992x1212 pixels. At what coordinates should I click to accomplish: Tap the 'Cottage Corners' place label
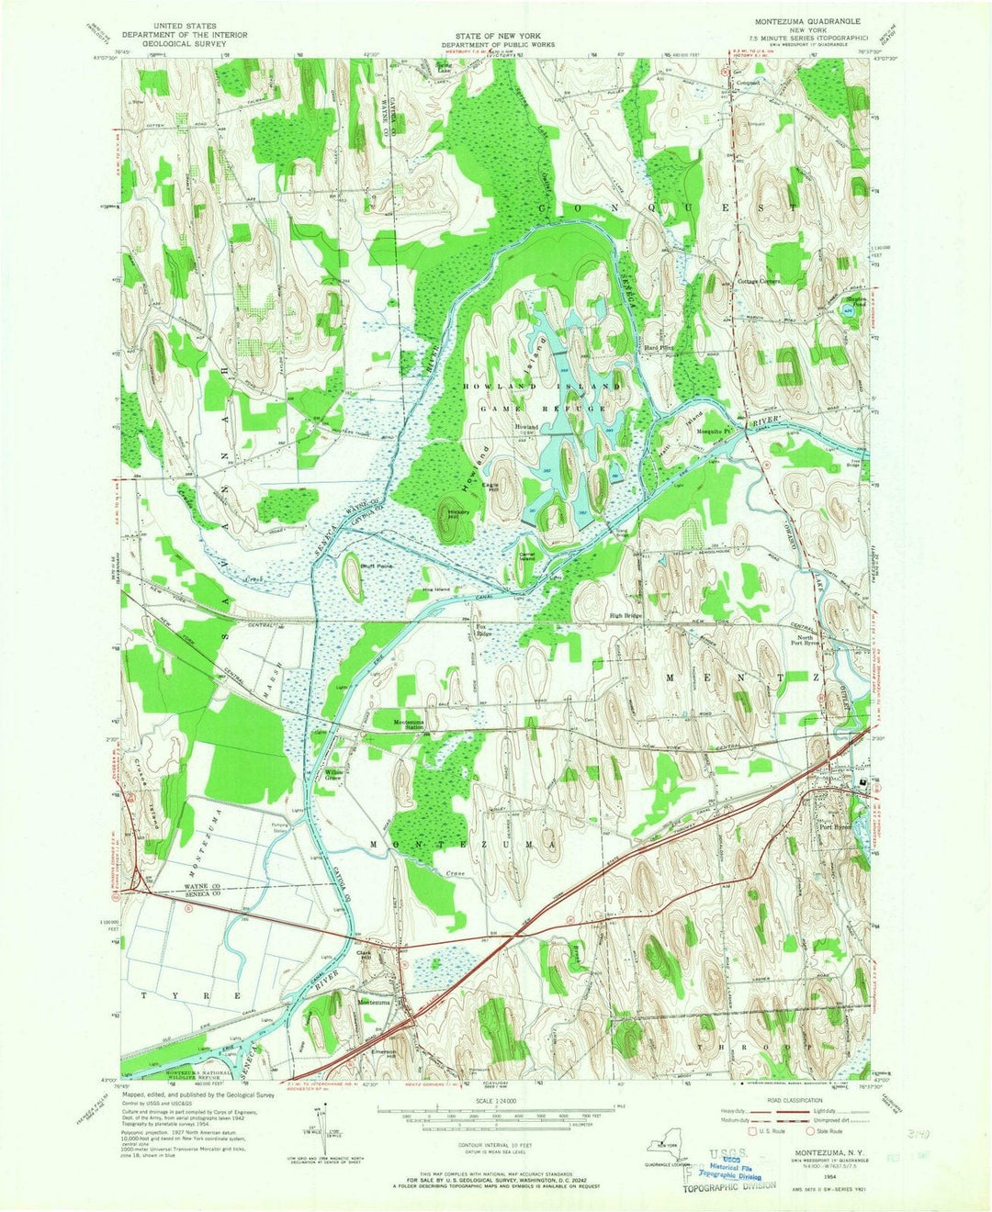pyautogui.click(x=758, y=282)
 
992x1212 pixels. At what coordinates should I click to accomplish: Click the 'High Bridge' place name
pyautogui.click(x=626, y=615)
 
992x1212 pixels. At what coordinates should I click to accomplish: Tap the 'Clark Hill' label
pyautogui.click(x=369, y=955)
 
